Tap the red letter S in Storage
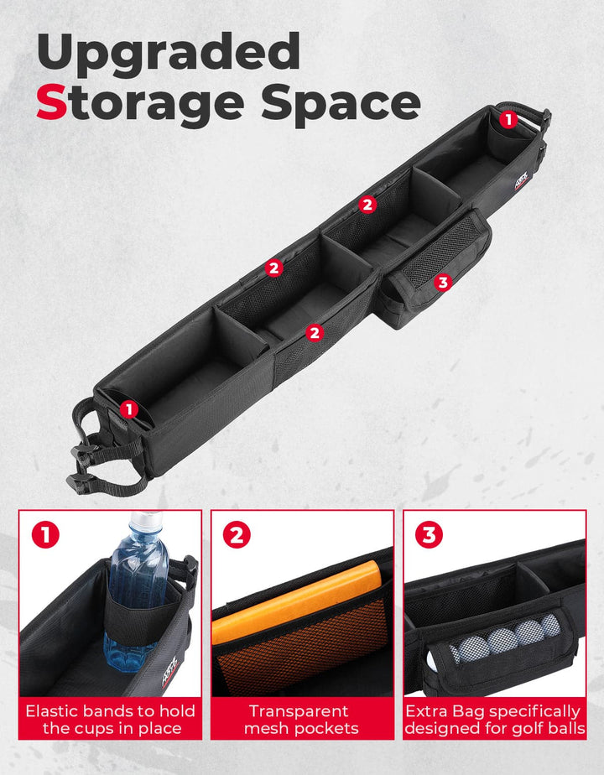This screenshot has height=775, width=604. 51,102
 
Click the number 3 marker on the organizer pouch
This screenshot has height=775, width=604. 442,282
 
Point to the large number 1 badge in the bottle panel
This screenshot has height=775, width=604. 45,535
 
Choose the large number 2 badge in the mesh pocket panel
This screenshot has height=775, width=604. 237,535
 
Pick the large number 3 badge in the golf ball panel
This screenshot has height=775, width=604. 429,534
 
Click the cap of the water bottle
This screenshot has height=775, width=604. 146,519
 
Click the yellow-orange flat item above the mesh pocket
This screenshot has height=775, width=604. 297,601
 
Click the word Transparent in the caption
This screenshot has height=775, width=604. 299,711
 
